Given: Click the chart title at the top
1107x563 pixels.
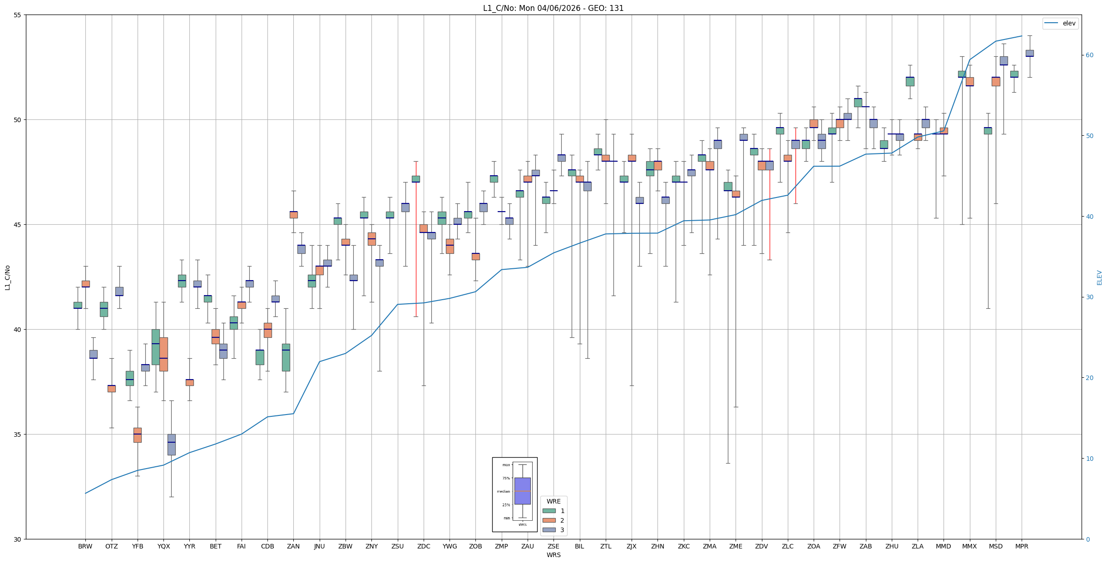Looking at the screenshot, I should point(553,8).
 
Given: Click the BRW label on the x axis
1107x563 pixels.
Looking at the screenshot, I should point(85,546).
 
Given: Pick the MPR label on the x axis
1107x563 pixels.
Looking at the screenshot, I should point(1022,546).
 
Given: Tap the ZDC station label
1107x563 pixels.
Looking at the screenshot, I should point(424,546).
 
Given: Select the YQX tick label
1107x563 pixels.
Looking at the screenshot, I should point(163,546).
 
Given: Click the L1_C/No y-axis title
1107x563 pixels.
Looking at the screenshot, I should point(7,277).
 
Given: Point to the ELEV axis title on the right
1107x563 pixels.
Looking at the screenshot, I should point(1099,277).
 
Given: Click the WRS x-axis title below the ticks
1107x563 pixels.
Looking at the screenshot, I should point(553,555).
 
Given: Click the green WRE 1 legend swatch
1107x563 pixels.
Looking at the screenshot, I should point(549,511).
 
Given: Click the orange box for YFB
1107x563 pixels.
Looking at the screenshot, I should point(138,435).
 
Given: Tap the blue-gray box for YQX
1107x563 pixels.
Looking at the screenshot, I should point(171,444).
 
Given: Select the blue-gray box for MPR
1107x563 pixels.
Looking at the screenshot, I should point(1029,53).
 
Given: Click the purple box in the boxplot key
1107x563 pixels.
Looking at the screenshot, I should point(522,491).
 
